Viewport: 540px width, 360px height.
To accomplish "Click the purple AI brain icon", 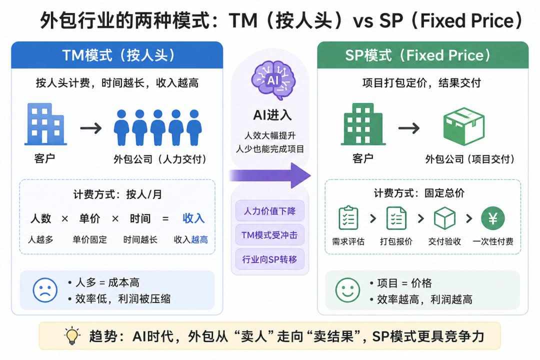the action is click(x=273, y=80).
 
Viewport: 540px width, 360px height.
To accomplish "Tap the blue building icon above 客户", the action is click(x=46, y=124).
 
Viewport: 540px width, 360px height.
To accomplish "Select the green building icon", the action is click(x=363, y=124).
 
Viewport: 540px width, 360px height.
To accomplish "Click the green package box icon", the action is click(x=463, y=126).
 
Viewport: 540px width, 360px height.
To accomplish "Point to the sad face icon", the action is click(x=45, y=290).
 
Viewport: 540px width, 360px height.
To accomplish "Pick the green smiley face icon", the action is click(x=348, y=290).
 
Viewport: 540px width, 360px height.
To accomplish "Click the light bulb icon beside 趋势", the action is click(x=72, y=336).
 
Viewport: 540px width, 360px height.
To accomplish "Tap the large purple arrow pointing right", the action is click(x=269, y=175).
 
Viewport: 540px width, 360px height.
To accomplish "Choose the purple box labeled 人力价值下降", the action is click(x=269, y=211).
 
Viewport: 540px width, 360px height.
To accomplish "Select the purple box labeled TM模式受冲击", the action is click(x=269, y=235).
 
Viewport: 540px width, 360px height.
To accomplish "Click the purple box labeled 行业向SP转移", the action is click(x=269, y=259).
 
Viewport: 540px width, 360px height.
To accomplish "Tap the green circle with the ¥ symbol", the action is click(x=493, y=218).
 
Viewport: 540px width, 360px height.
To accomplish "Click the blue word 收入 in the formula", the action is click(x=193, y=218).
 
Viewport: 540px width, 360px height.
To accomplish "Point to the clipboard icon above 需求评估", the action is click(x=348, y=217).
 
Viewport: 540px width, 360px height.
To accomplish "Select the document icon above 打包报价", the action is click(x=396, y=218).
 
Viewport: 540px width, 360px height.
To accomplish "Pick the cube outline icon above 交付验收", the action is click(x=444, y=218).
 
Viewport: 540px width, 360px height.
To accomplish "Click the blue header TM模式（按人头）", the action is click(x=117, y=55).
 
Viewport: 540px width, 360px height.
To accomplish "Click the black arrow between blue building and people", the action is click(x=91, y=128).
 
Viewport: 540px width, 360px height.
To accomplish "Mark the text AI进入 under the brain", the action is click(x=272, y=115).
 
